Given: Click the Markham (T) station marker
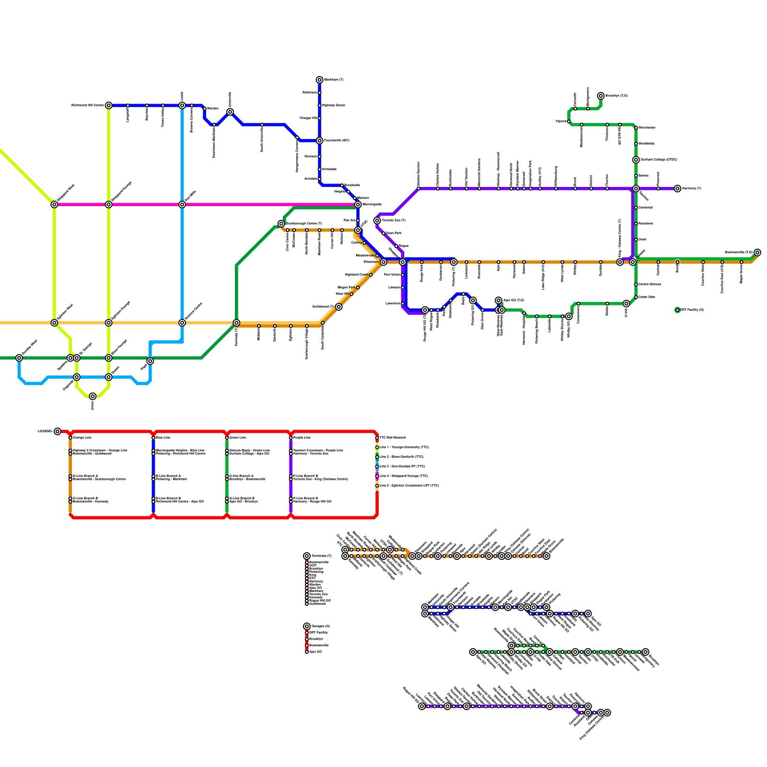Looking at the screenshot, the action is [x=320, y=80].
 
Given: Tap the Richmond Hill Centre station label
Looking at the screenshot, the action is [x=88, y=105].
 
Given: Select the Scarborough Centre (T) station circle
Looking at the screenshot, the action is [x=281, y=223].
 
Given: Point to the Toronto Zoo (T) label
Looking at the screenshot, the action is [x=394, y=221].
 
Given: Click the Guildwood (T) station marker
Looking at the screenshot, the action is [x=339, y=307].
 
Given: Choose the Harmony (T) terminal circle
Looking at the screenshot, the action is [x=677, y=188].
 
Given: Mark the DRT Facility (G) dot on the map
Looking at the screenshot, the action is [x=677, y=310].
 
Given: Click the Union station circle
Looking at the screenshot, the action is [x=93, y=396].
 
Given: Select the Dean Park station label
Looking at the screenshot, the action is [x=394, y=233].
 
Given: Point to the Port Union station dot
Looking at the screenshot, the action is [x=403, y=275].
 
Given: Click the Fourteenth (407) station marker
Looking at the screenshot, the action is [x=320, y=140].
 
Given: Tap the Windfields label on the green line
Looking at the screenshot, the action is [x=646, y=144].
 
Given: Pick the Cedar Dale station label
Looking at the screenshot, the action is [x=647, y=297].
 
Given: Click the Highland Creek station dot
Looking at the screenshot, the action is [x=371, y=275].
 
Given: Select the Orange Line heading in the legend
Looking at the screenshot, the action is [x=82, y=438].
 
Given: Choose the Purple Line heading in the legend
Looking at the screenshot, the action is [x=302, y=438].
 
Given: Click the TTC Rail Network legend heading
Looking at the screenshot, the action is [x=393, y=438].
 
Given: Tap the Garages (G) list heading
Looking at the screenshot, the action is [x=321, y=626].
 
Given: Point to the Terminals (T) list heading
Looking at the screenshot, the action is [x=321, y=556].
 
